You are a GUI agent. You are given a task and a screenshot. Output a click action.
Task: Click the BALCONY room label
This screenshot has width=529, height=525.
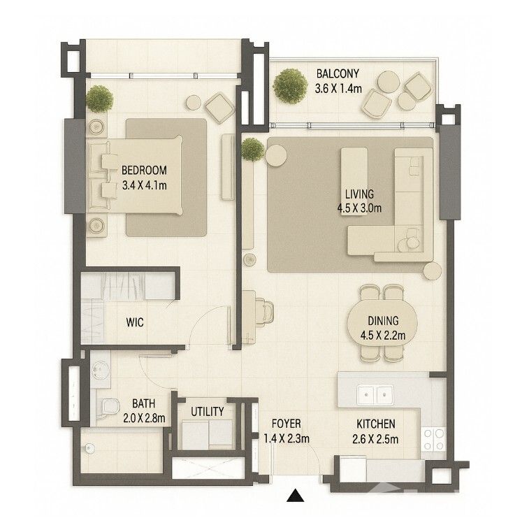tap(338, 73)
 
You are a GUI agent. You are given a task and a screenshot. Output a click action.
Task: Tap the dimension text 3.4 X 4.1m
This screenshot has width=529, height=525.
tap(145, 185)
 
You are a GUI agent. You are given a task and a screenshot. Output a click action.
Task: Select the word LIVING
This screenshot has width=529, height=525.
tap(359, 194)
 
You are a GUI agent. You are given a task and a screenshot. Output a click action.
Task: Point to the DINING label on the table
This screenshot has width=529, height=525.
tap(383, 321)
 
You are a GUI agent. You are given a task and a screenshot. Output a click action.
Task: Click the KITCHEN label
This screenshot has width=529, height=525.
tap(376, 424)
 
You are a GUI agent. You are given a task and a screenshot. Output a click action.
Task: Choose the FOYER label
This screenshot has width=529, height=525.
tap(286, 424)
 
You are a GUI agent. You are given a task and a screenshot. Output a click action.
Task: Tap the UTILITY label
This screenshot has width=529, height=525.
tap(207, 412)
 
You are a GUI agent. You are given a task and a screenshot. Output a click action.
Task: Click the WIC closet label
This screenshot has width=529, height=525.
tap(135, 322)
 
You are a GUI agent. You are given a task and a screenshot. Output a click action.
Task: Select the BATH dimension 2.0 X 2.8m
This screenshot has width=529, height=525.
tap(144, 418)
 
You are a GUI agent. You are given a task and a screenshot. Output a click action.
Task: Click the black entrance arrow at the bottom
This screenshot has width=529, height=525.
tap(296, 496)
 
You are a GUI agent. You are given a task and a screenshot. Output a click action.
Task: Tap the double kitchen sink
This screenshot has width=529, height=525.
tap(375, 394)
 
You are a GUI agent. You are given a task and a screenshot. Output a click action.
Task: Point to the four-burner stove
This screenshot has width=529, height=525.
tap(433, 439)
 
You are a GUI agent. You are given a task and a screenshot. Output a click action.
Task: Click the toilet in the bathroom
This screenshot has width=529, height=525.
tap(108, 407)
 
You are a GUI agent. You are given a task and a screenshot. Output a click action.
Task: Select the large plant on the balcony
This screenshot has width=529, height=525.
tap(290, 86)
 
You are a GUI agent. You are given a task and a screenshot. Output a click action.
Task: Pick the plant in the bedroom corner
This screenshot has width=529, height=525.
tap(99, 99)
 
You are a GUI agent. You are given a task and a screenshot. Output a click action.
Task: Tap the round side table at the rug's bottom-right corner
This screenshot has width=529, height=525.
tap(432, 271)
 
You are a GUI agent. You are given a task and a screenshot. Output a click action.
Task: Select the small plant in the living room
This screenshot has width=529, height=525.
tap(252, 150)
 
